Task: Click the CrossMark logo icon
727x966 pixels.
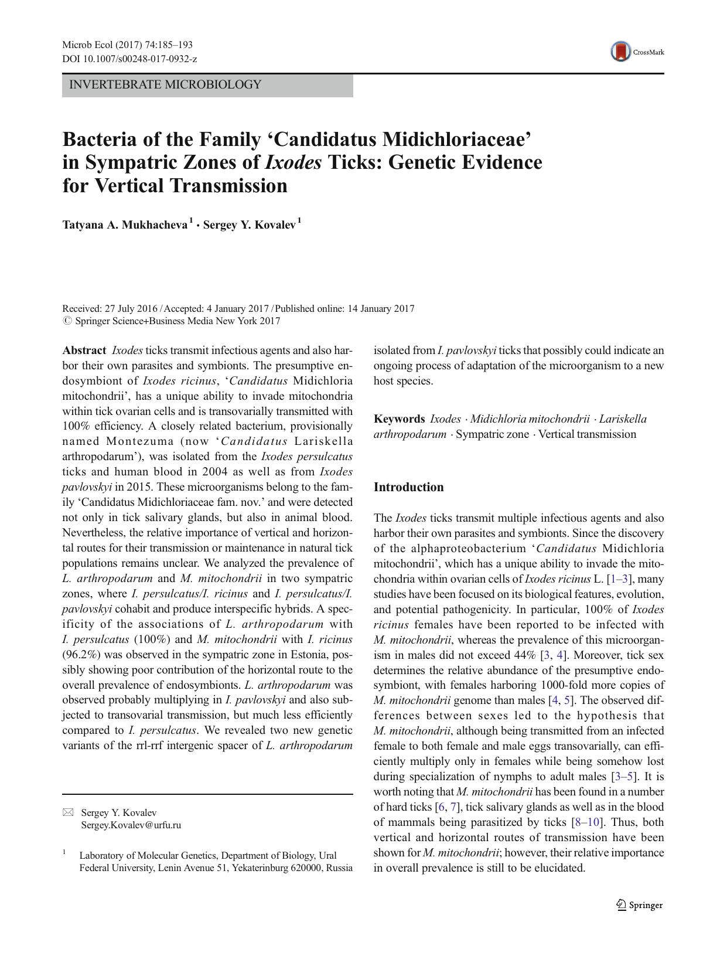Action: click(x=621, y=52)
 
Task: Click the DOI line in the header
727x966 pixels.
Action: click(x=129, y=59)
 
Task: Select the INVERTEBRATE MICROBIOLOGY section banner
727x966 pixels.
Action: click(x=207, y=85)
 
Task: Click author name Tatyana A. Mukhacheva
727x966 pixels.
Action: click(x=125, y=225)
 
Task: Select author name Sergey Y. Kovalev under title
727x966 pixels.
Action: click(x=250, y=225)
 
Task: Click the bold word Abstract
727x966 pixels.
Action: click(x=84, y=351)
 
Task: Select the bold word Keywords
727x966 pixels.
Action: click(x=399, y=419)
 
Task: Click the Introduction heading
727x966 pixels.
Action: click(x=408, y=487)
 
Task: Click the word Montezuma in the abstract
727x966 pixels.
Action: click(x=140, y=441)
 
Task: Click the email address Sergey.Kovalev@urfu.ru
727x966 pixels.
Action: click(x=131, y=825)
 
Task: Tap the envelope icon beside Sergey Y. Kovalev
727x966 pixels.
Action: click(x=69, y=812)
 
